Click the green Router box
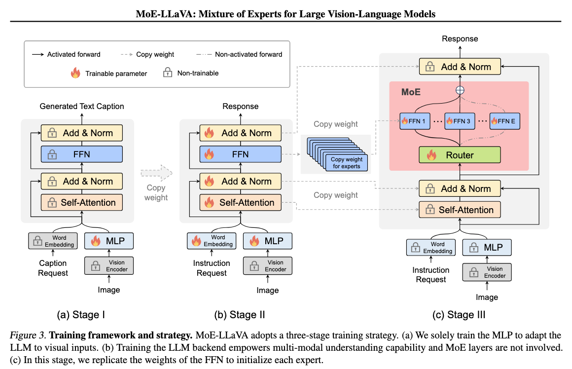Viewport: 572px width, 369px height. pos(460,155)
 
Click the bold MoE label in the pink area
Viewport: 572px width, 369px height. pos(410,92)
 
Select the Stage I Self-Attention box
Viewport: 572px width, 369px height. pos(81,202)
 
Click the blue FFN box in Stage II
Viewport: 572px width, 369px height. pos(240,154)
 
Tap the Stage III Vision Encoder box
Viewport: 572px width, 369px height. pos(487,272)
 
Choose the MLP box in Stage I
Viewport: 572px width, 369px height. pos(109,241)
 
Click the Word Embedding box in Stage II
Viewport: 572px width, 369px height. pos(212,241)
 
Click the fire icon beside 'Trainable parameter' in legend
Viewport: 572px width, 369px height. pos(75,74)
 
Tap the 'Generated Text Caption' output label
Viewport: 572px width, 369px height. pos(82,106)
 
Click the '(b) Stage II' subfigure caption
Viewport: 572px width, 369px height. pos(240,315)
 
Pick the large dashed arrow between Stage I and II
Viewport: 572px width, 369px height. pos(156,173)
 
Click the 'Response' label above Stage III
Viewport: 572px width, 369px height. pos(460,39)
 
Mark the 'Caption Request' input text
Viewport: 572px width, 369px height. pos(53,268)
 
